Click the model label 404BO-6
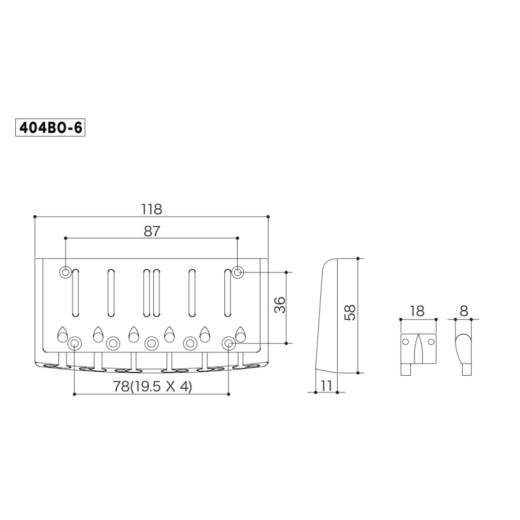[50, 128]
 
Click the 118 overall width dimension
[151, 209]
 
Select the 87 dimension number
[151, 231]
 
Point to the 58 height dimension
[350, 312]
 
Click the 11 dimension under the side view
[326, 385]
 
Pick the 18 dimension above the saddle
[417, 311]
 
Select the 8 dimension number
[464, 311]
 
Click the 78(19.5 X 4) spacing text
[152, 386]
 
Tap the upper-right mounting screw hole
[238, 272]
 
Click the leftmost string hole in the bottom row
[75, 343]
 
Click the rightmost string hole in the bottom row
[229, 343]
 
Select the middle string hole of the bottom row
[151, 343]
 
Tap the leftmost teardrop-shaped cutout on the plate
[62, 334]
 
